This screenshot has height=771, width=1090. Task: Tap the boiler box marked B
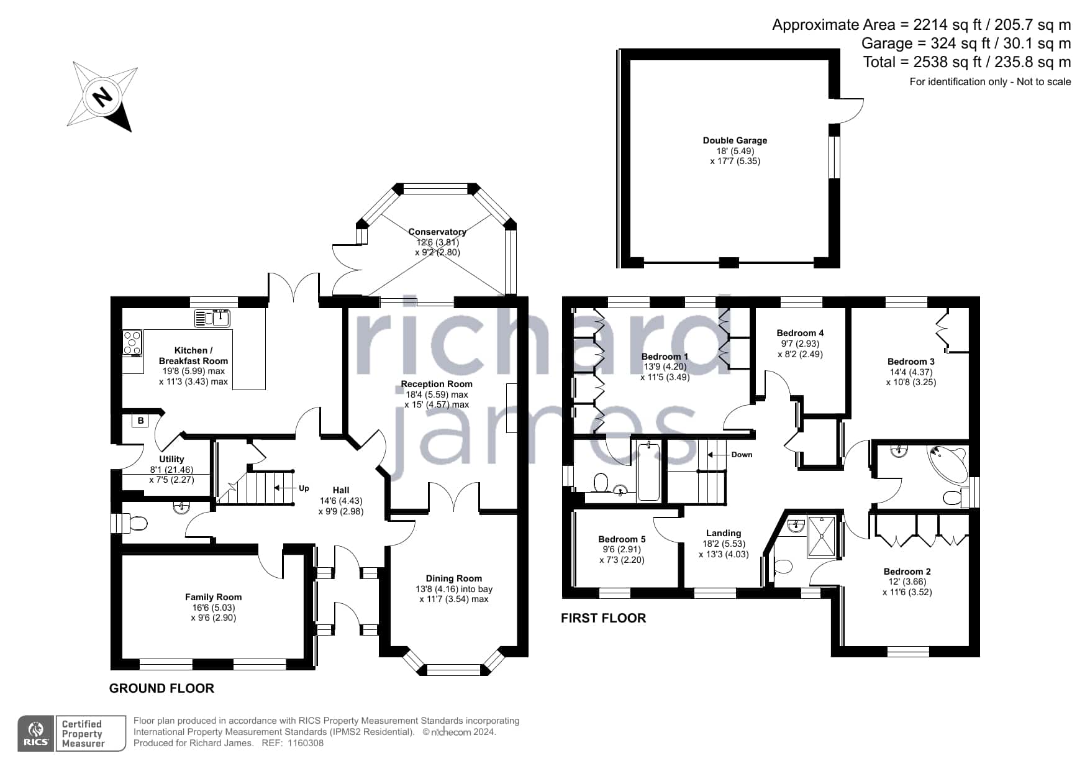click(x=141, y=421)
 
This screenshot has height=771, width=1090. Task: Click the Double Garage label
click(x=735, y=140)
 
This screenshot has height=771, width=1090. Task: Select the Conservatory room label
click(x=437, y=232)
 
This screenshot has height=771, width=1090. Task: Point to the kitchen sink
click(x=213, y=318)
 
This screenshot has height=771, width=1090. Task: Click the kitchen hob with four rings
click(x=132, y=343)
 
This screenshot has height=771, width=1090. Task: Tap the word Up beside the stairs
click(x=304, y=488)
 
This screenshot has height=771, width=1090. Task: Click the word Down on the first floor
click(x=742, y=455)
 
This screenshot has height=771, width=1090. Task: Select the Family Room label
click(x=213, y=597)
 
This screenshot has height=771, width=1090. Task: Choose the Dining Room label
click(x=453, y=578)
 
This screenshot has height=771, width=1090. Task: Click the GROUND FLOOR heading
click(x=161, y=688)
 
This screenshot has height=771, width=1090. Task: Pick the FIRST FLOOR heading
click(x=603, y=618)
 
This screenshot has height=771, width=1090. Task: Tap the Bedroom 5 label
click(x=622, y=539)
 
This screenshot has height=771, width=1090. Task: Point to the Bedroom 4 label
click(x=800, y=333)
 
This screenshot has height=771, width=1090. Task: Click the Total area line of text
click(x=967, y=62)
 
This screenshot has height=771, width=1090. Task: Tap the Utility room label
click(x=171, y=459)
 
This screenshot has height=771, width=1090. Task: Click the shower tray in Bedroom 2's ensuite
click(x=822, y=537)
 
